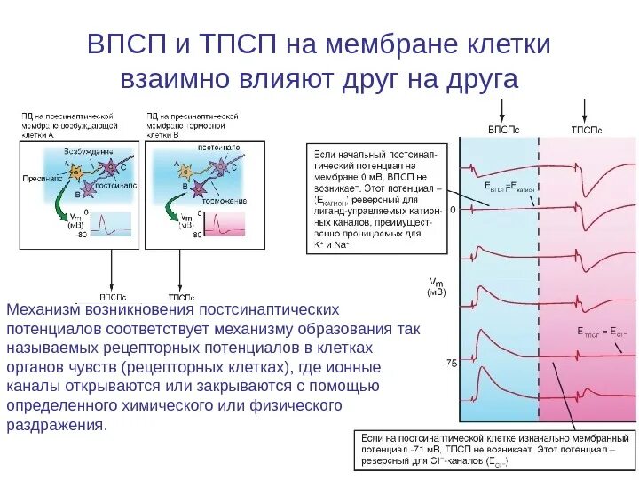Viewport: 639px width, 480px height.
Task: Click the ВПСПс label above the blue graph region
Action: (504, 130)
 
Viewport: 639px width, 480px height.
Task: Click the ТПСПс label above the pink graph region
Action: (586, 130)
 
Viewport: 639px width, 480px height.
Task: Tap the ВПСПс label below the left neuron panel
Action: (111, 296)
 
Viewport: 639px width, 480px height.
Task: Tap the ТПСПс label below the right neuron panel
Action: (181, 296)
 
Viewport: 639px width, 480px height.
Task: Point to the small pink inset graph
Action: (228, 224)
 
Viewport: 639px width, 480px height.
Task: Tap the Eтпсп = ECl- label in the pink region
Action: (598, 330)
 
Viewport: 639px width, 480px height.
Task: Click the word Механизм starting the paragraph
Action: (43, 310)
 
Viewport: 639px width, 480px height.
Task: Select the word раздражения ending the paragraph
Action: (55, 425)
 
